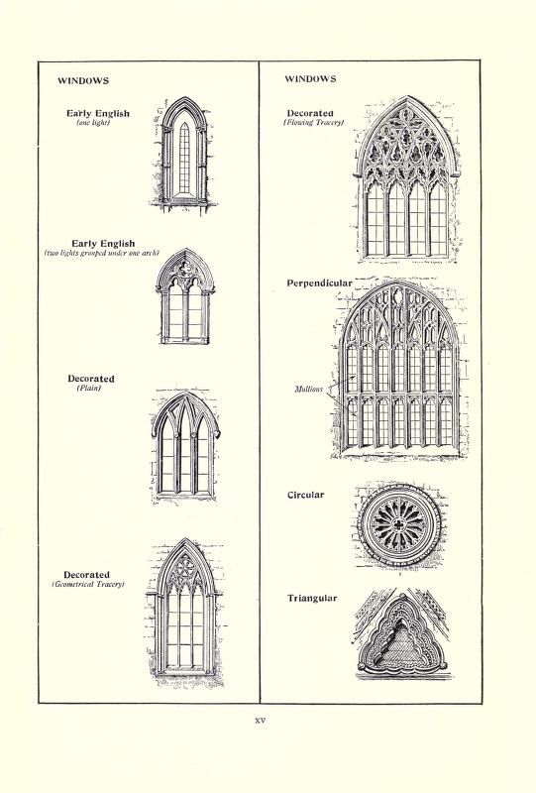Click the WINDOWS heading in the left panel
pyautogui.click(x=83, y=81)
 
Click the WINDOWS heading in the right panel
pyautogui.click(x=310, y=79)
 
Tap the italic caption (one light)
pyautogui.click(x=93, y=123)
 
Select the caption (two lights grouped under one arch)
pyautogui.click(x=102, y=253)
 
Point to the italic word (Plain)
pyautogui.click(x=89, y=389)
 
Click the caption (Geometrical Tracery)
pyautogui.click(x=88, y=585)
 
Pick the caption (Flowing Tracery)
pyautogui.click(x=313, y=122)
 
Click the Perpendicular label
pyautogui.click(x=320, y=283)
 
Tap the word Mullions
pyautogui.click(x=308, y=389)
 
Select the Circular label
pyautogui.click(x=305, y=495)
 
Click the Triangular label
pyautogui.click(x=312, y=599)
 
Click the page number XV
pyautogui.click(x=260, y=721)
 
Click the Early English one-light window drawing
pyautogui.click(x=184, y=155)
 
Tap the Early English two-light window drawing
pyautogui.click(x=185, y=296)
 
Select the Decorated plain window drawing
pyautogui.click(x=185, y=446)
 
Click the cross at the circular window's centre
pyautogui.click(x=399, y=525)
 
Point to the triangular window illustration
pyautogui.click(x=402, y=633)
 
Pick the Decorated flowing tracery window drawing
pyautogui.click(x=407, y=179)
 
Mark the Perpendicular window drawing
pyautogui.click(x=399, y=369)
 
